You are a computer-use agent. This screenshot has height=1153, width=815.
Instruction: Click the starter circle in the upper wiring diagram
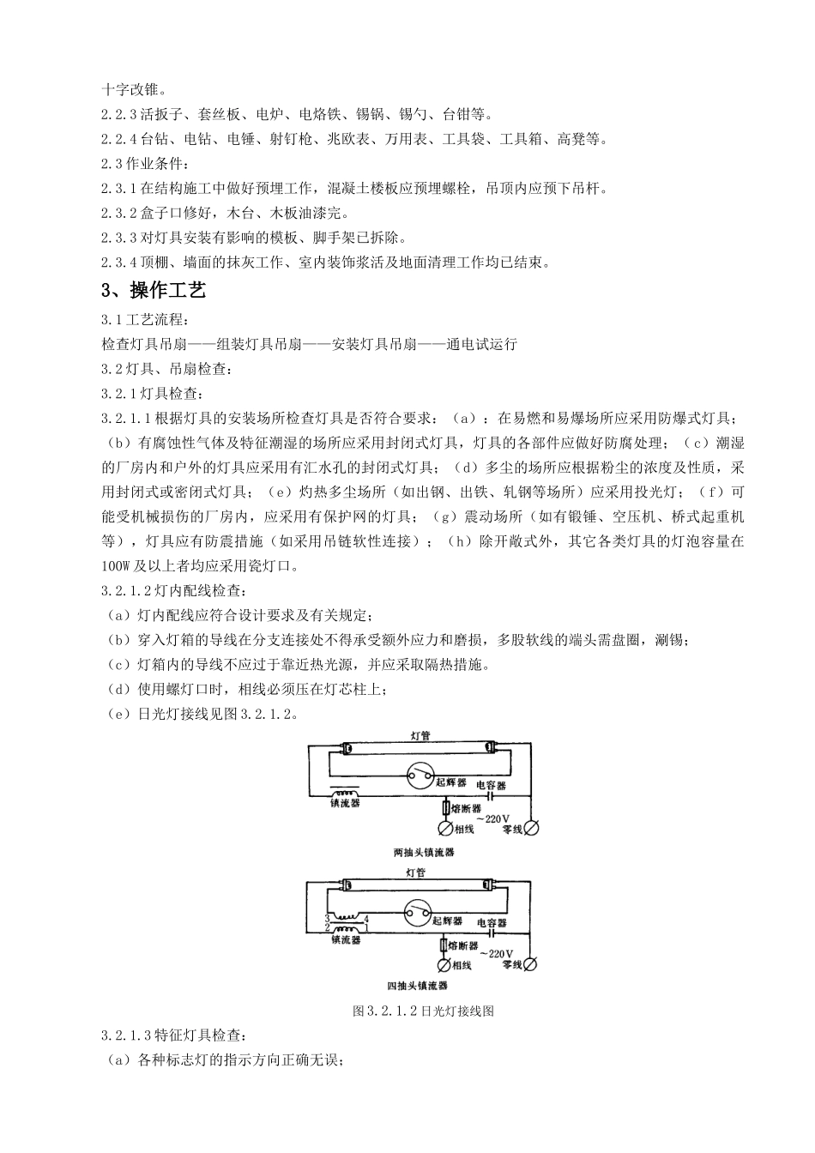tap(420, 776)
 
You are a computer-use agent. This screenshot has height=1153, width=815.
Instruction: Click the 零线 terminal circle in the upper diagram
tap(532, 828)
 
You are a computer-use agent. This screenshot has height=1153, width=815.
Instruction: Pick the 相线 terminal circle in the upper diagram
tap(445, 829)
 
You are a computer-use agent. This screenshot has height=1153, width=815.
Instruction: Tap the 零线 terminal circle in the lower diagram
tap(530, 964)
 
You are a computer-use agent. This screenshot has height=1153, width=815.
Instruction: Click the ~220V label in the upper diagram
tap(497, 818)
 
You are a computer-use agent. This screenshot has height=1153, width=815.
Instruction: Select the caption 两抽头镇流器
tap(423, 853)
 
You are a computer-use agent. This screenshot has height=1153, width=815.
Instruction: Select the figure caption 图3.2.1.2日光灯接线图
tap(424, 1011)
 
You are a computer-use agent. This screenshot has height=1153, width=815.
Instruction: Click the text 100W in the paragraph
tap(114, 566)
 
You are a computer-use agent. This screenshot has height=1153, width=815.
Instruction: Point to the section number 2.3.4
tap(118, 262)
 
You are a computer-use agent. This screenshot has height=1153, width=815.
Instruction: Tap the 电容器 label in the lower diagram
tap(490, 922)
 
